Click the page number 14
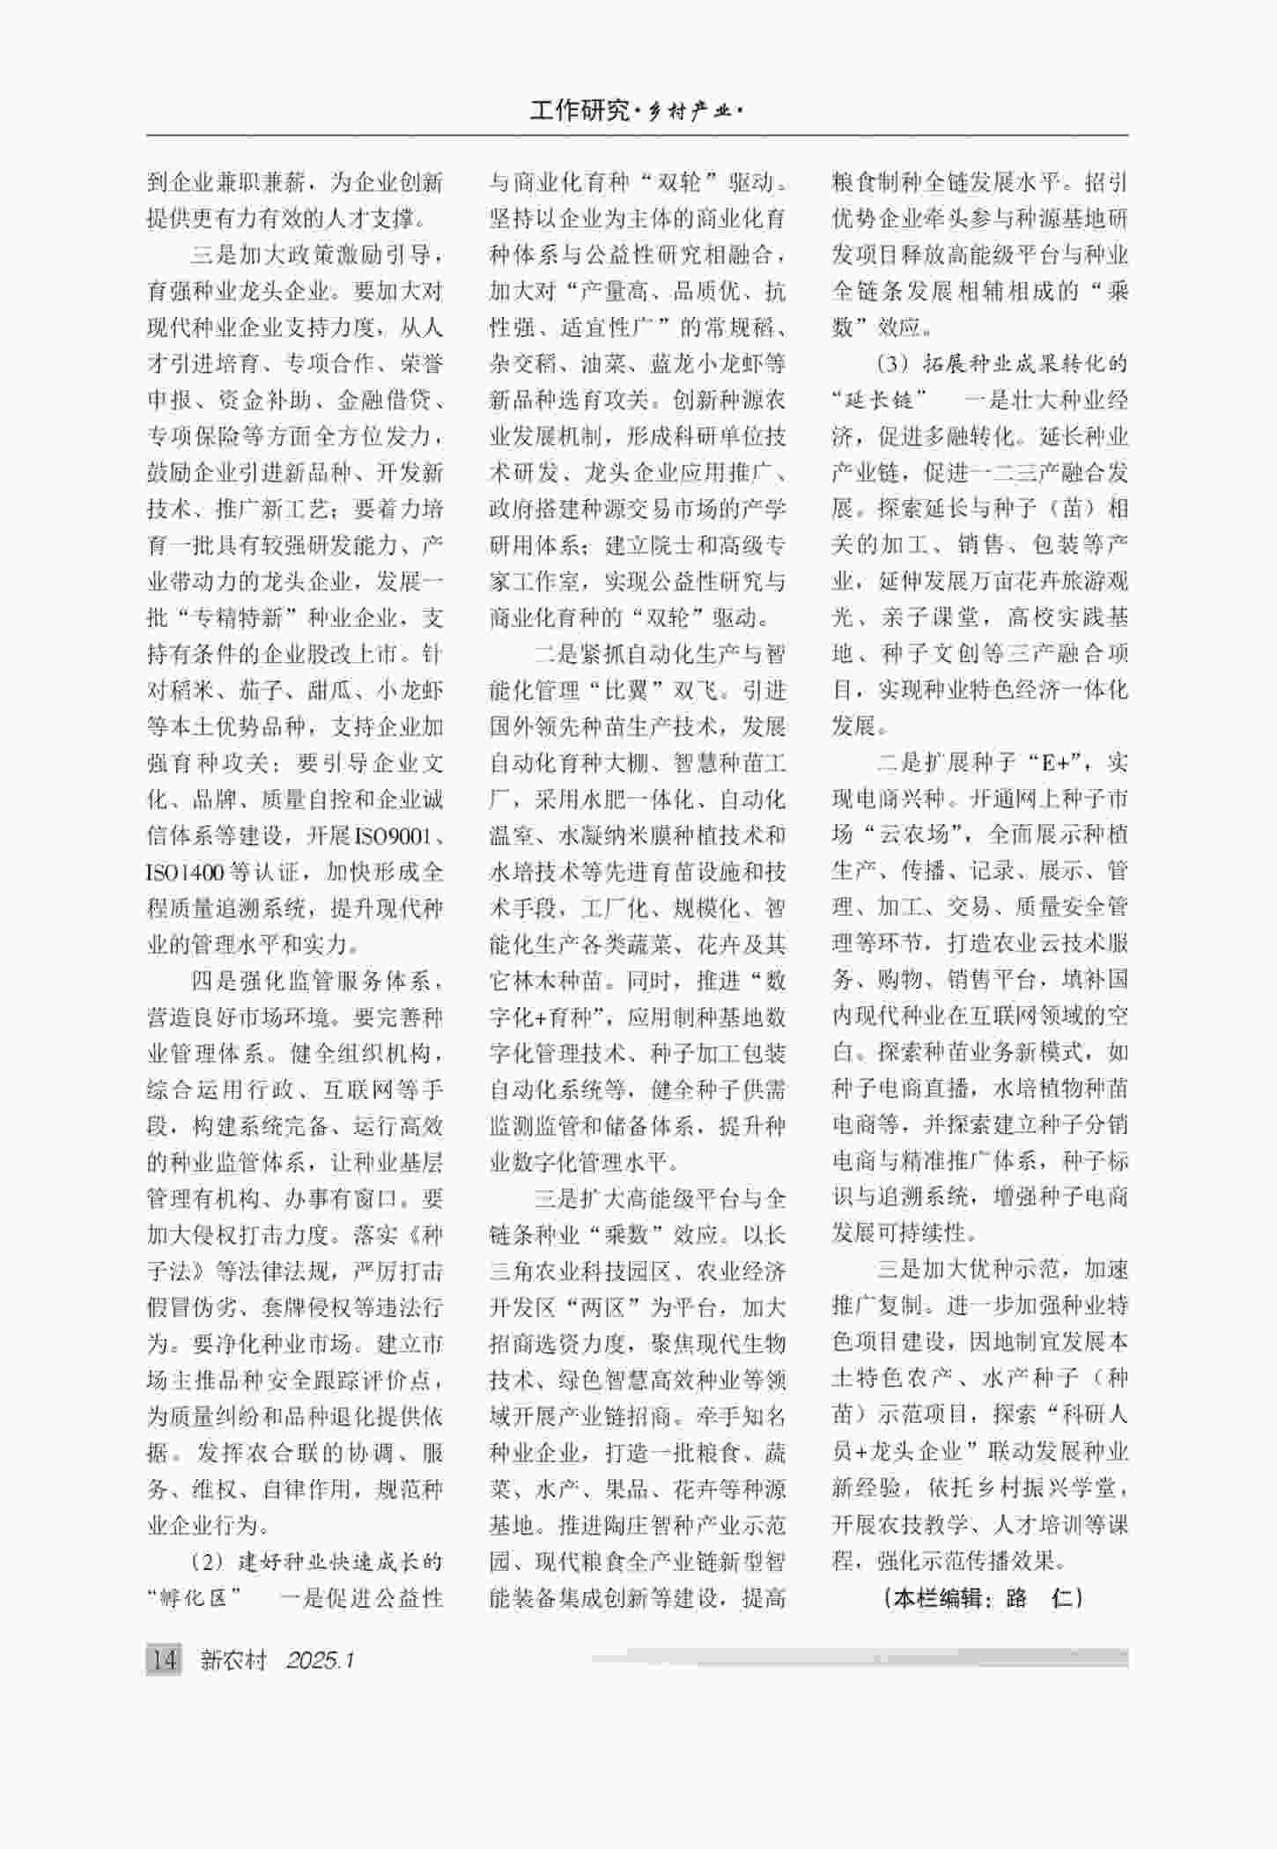(x=164, y=1660)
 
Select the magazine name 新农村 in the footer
(x=233, y=1660)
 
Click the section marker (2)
(x=208, y=1562)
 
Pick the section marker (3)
(x=893, y=364)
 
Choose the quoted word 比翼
(x=626, y=690)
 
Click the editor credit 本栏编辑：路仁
(x=980, y=1598)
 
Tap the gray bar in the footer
(x=859, y=1658)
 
